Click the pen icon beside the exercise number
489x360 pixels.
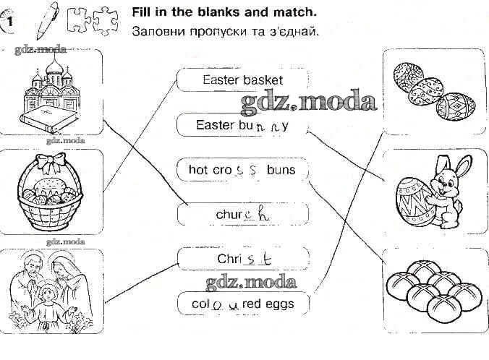tap(47, 20)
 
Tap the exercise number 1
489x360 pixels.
tap(10, 22)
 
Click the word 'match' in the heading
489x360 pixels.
tap(294, 12)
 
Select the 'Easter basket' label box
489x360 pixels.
tap(242, 80)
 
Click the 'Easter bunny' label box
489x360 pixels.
tap(242, 125)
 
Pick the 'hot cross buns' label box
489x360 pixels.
tap(242, 170)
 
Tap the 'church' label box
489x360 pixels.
tap(242, 215)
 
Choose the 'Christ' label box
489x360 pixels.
tap(243, 259)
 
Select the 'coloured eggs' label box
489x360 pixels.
tap(243, 304)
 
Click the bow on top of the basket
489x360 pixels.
tap(51, 163)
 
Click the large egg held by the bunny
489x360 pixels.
tap(414, 202)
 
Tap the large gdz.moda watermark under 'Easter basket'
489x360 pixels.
tap(309, 101)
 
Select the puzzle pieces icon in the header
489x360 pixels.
tap(93, 20)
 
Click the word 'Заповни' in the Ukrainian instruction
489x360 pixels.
tap(159, 32)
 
